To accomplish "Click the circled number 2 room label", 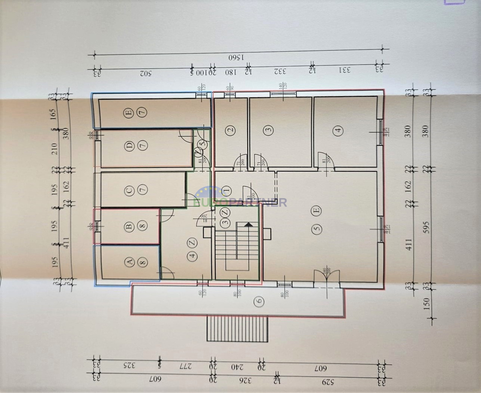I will point(230,130).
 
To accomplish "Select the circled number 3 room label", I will point(269,129).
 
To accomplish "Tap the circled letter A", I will point(129,262).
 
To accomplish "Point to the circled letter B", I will point(129,227).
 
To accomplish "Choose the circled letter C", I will point(129,189).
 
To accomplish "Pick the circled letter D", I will point(129,147).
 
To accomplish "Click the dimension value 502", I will point(145,73).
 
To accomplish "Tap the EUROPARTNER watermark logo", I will point(240,200).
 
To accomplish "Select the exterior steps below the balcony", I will point(237,329).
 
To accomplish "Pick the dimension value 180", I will point(230,72).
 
